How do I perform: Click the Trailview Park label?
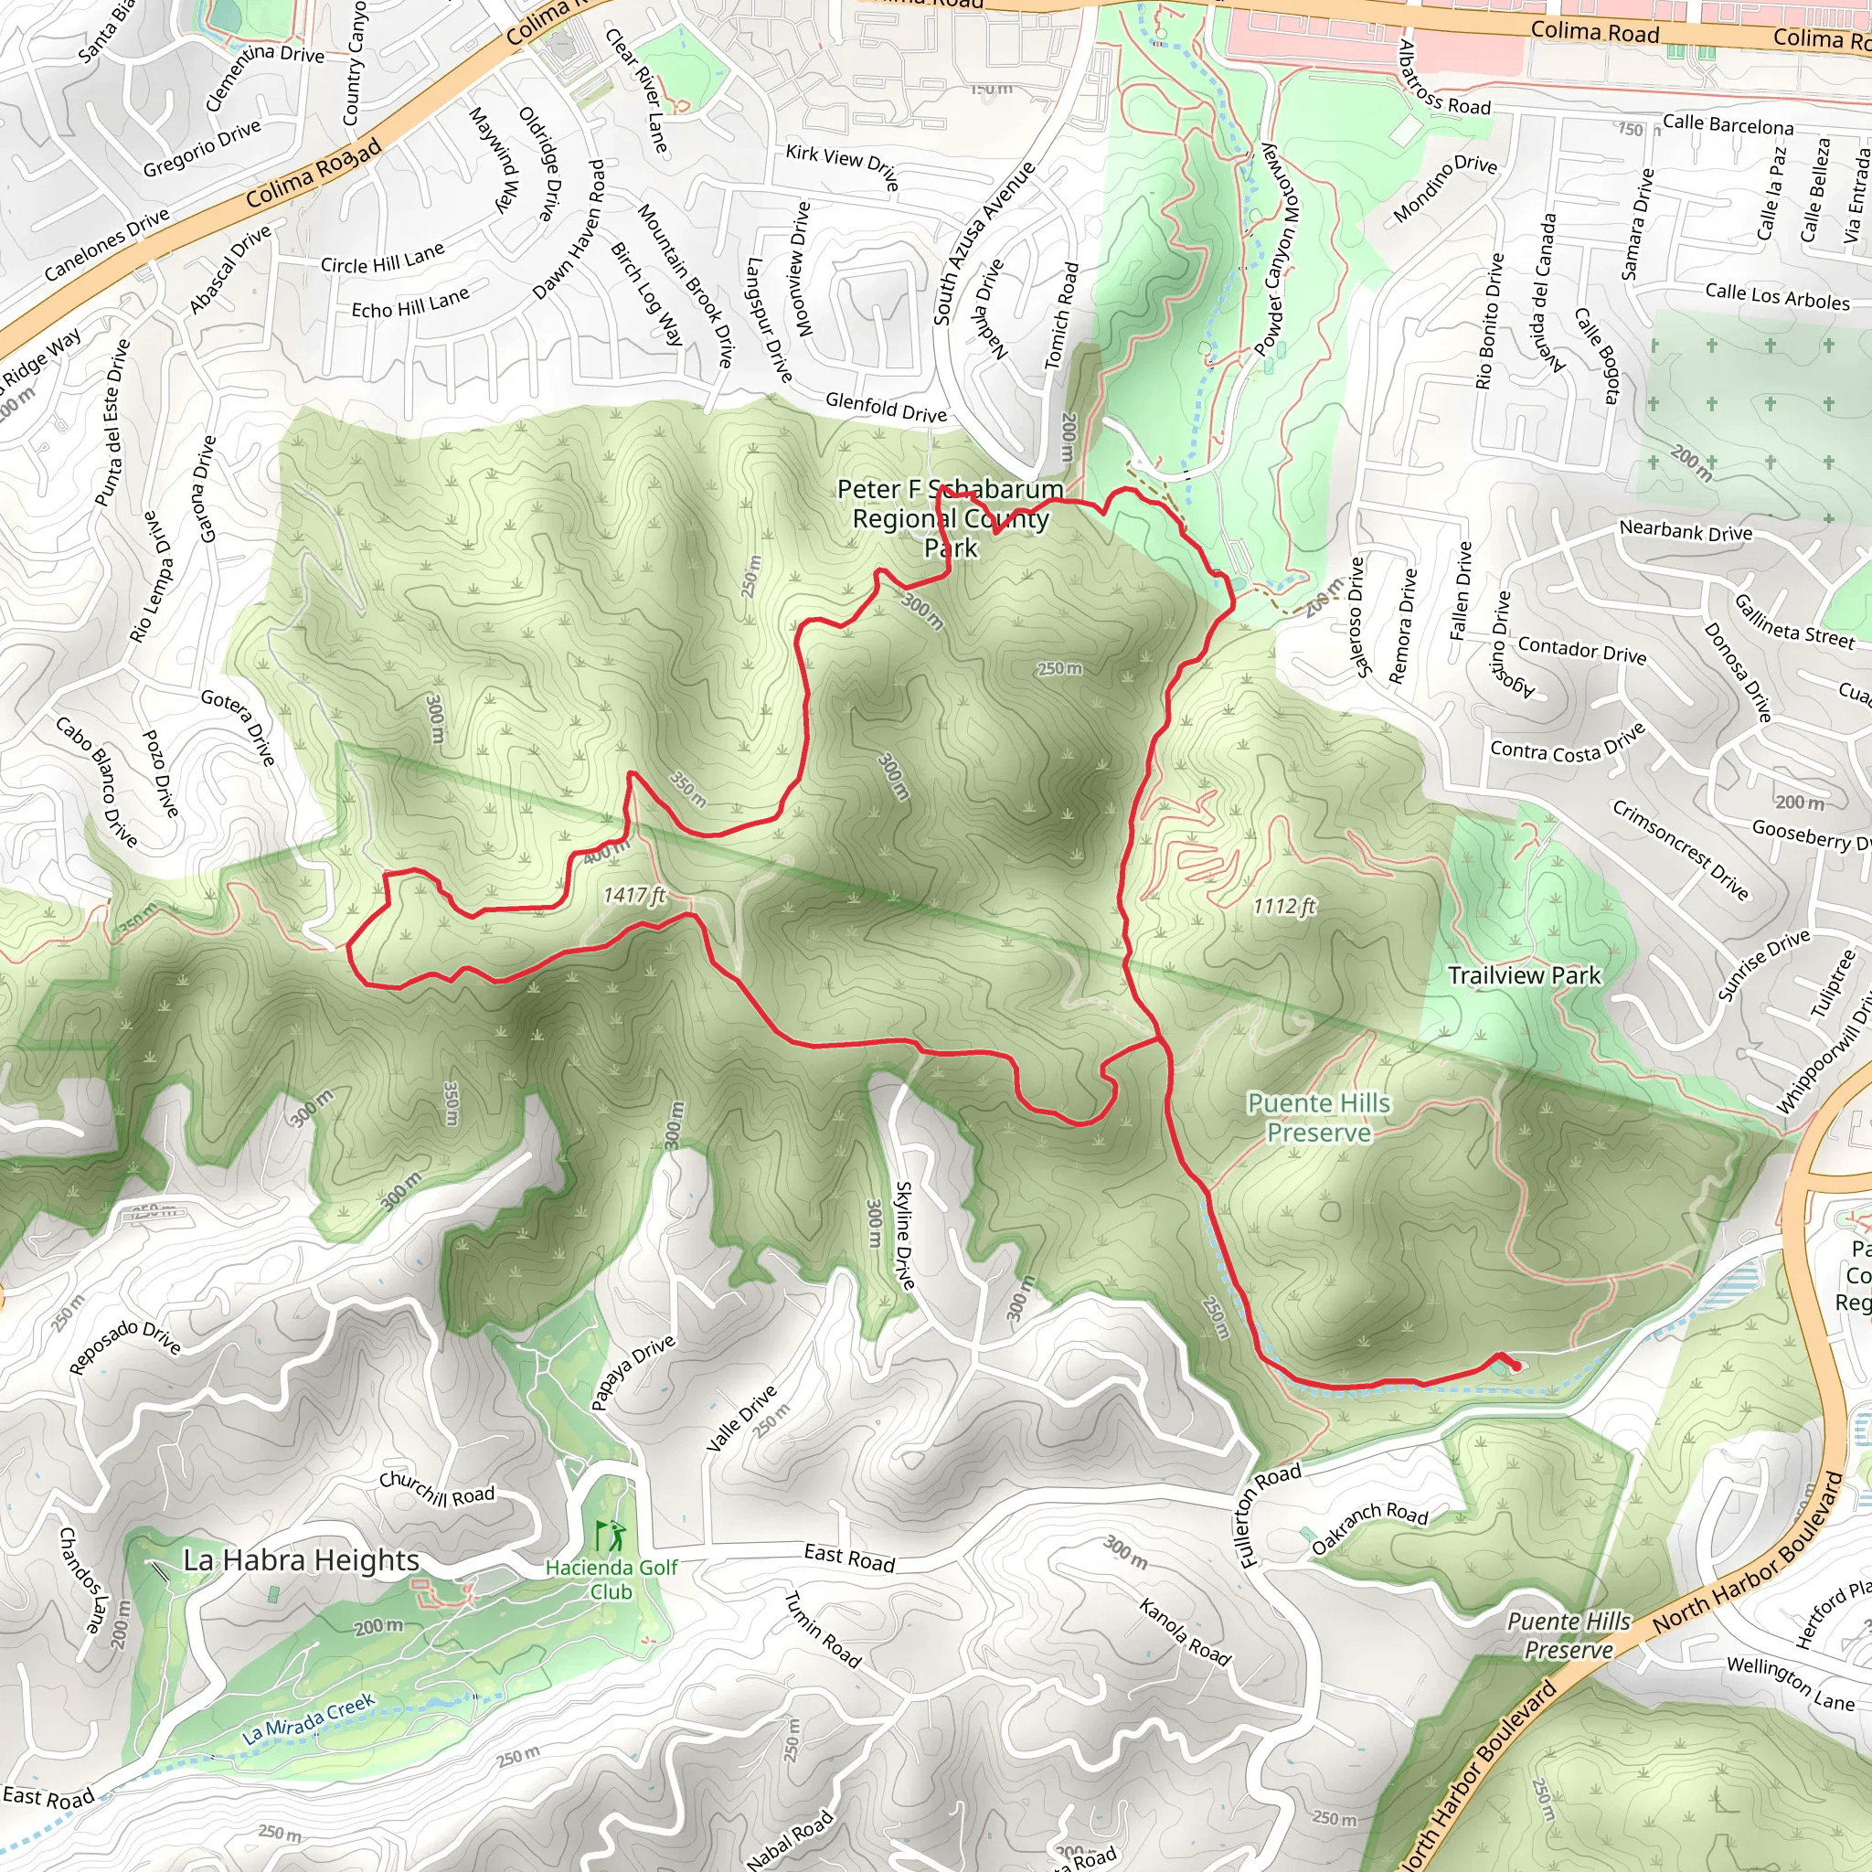(1524, 975)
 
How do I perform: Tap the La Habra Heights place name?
(302, 1560)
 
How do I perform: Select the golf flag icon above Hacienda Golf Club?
(610, 1535)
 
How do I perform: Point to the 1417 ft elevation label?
(633, 895)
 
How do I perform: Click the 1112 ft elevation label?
(1284, 906)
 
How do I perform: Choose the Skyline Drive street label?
(905, 1236)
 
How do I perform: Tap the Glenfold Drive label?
(886, 407)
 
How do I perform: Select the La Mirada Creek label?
(308, 1719)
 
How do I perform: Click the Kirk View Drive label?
(842, 165)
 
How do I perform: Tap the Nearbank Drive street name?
(1686, 531)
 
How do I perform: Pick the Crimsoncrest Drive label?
(1679, 849)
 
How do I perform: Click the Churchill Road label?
(436, 1489)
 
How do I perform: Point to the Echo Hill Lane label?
(409, 303)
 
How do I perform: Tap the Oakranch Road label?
(1369, 1527)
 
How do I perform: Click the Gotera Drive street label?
(239, 727)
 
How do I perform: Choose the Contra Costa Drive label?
(1568, 743)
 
